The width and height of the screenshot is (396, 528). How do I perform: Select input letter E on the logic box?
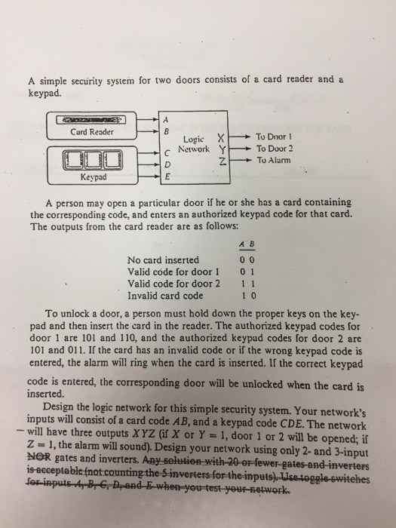coord(167,175)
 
